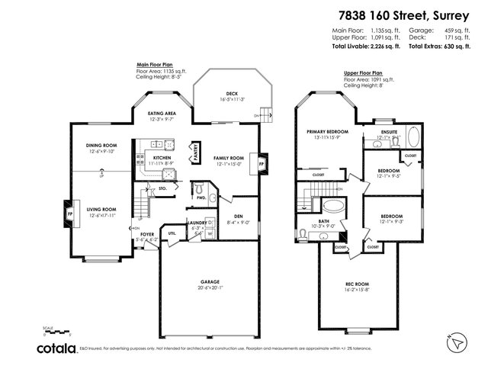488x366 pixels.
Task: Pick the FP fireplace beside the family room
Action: coord(262,163)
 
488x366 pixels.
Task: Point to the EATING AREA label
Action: coord(162,114)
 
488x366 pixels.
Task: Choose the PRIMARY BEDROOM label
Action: coord(327,131)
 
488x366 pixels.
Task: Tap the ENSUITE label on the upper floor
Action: coord(389,132)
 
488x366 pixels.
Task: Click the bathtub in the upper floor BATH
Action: coord(332,205)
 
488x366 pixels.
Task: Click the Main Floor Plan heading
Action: coord(153,66)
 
